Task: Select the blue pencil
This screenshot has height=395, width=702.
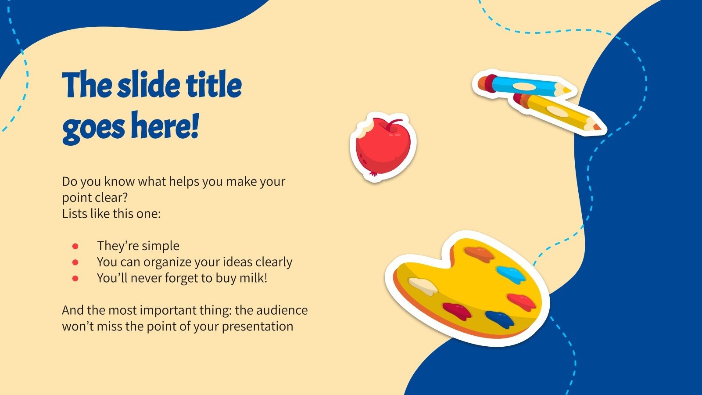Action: click(x=522, y=85)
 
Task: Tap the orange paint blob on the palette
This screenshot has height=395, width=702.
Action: click(x=479, y=254)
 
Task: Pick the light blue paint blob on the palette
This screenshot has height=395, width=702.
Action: click(x=512, y=274)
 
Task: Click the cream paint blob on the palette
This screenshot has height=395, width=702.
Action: click(x=423, y=286)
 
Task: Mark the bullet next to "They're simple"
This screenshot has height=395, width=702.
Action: click(x=75, y=246)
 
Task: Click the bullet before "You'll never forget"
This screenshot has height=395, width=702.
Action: click(x=75, y=278)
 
